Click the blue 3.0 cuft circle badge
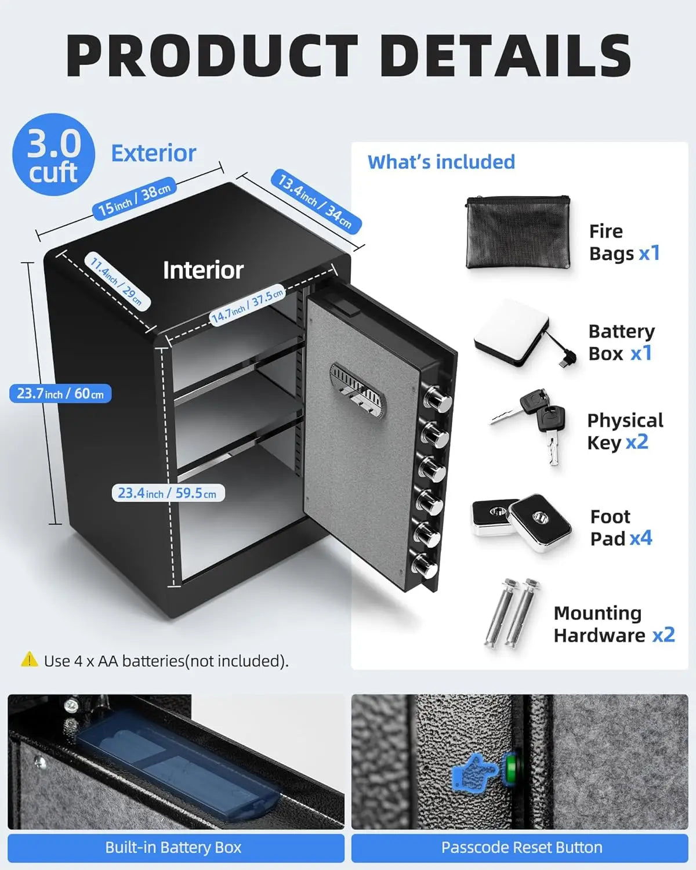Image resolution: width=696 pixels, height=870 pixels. pyautogui.click(x=53, y=154)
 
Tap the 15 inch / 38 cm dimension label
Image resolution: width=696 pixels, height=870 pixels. pyautogui.click(x=134, y=199)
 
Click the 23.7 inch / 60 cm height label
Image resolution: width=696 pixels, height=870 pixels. pyautogui.click(x=60, y=394)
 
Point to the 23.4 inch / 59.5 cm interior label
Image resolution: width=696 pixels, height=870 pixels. pyautogui.click(x=168, y=493)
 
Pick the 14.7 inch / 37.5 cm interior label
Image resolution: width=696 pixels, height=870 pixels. pyautogui.click(x=248, y=305)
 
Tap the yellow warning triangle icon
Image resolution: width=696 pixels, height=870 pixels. pyautogui.click(x=29, y=659)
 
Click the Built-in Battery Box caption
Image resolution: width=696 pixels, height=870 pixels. pyautogui.click(x=173, y=847)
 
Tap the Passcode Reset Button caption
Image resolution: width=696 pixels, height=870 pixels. pyautogui.click(x=521, y=847)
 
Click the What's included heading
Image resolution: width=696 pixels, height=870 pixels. pyautogui.click(x=441, y=162)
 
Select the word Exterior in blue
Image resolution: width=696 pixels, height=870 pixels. pyautogui.click(x=154, y=154)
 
